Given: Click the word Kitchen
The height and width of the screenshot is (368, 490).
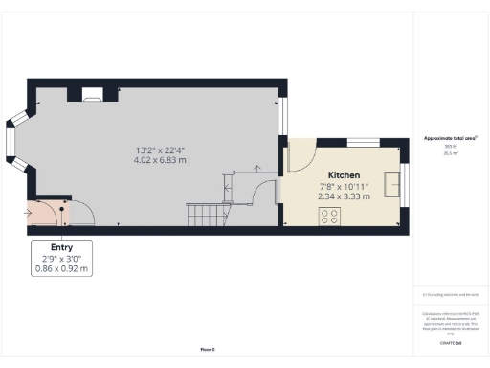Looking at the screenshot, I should pos(344,176).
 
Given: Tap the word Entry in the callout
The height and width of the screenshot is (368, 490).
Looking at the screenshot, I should pos(62,247).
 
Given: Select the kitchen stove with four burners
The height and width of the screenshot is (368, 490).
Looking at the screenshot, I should pos(331,217).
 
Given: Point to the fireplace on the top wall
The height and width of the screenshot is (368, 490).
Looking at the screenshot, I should pos(93,94).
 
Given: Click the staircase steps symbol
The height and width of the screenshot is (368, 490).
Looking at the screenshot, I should pos(204,212).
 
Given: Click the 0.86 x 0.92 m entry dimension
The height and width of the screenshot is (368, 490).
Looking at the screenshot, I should pos(62,269).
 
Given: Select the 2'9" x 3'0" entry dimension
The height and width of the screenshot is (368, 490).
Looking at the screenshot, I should pos(62,259).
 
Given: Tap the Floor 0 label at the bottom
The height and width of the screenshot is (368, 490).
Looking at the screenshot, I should pos(208,350).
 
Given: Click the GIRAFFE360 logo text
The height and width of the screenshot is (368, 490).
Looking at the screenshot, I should pos(449,341).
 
